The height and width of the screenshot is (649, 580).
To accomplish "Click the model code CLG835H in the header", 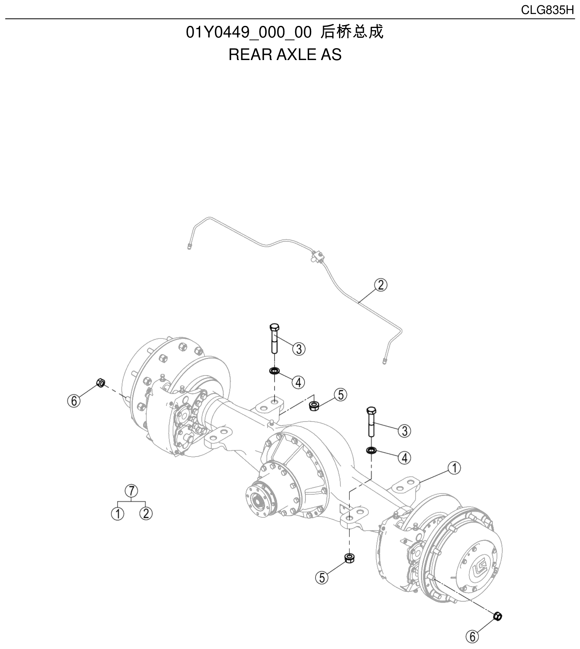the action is [x=547, y=10].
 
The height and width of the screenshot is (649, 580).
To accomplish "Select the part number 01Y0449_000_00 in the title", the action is [x=249, y=32].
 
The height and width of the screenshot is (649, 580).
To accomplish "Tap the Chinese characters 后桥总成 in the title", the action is [x=351, y=32].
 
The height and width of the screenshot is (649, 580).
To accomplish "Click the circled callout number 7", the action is [x=131, y=491].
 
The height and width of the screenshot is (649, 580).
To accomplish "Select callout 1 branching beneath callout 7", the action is [x=118, y=513].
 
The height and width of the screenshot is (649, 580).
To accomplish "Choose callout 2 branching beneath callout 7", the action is [x=146, y=513].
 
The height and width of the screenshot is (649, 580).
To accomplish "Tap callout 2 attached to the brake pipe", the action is [x=381, y=285].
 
